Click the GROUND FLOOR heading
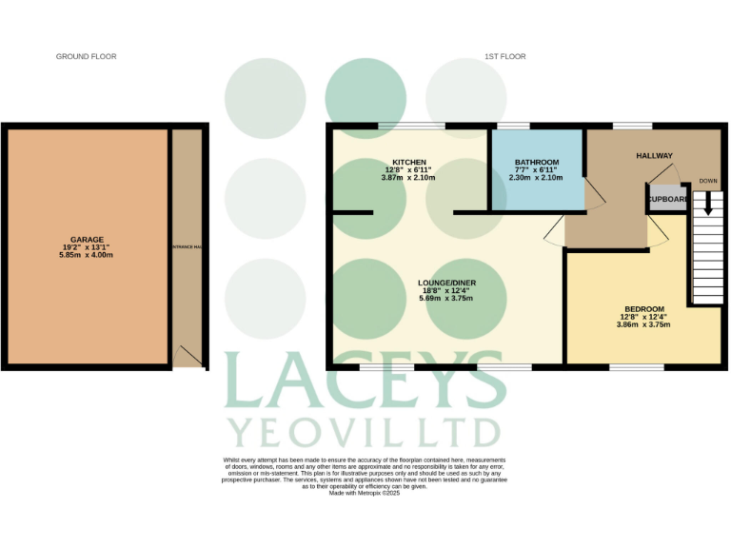point(86,57)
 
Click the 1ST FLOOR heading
point(504,57)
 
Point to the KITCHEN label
point(408,162)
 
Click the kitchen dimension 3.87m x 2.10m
point(408,178)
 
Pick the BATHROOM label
point(536,162)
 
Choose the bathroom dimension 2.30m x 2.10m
point(536,178)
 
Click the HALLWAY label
point(654,156)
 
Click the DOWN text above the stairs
point(708,181)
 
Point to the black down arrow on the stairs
point(708,203)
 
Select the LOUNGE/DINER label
point(446,284)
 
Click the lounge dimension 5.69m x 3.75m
point(446,299)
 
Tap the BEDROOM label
point(643,309)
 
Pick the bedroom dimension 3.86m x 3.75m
point(643,324)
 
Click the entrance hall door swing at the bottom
point(188,357)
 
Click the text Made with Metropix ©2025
point(365,493)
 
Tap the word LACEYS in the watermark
point(365,381)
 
